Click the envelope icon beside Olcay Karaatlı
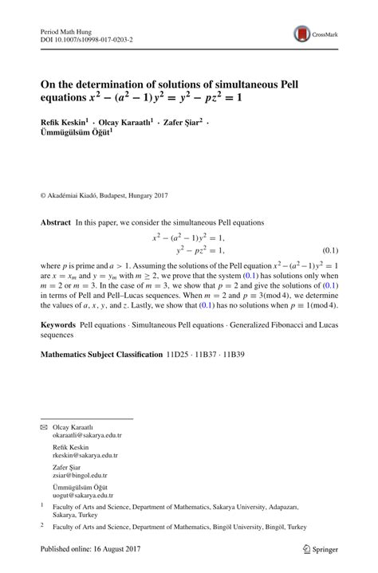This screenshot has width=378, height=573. click(44, 427)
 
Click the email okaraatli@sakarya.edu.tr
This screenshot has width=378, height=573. click(85, 436)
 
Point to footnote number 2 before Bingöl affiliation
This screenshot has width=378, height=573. click(42, 526)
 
